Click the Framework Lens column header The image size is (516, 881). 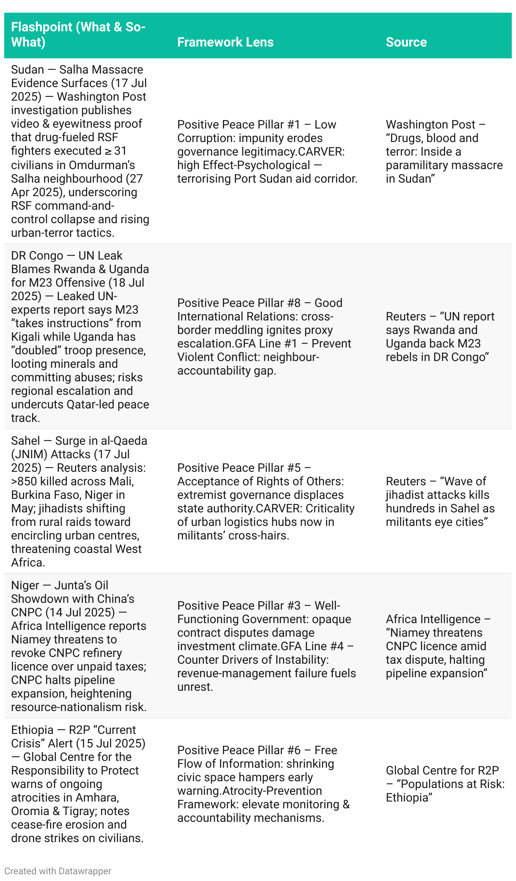225,42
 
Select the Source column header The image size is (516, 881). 406,42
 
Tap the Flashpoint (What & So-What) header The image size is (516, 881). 78,34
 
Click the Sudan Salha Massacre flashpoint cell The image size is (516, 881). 80,151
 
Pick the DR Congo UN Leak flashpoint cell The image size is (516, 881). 80,337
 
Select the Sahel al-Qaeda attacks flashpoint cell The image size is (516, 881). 80,501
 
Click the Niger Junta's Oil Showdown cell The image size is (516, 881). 80,646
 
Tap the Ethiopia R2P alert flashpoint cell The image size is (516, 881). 80,784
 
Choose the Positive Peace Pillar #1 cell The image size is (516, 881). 267,151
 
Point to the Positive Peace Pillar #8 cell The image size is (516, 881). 264,337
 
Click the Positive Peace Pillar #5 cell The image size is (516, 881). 266,501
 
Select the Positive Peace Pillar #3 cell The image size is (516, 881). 266,646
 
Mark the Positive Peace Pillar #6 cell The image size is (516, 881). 263,784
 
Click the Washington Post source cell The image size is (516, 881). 444,151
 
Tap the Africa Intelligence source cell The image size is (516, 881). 438,646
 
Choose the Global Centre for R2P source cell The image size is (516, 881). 445,784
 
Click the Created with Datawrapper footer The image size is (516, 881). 58,871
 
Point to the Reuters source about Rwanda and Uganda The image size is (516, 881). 440,337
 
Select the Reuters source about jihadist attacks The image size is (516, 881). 440,501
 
